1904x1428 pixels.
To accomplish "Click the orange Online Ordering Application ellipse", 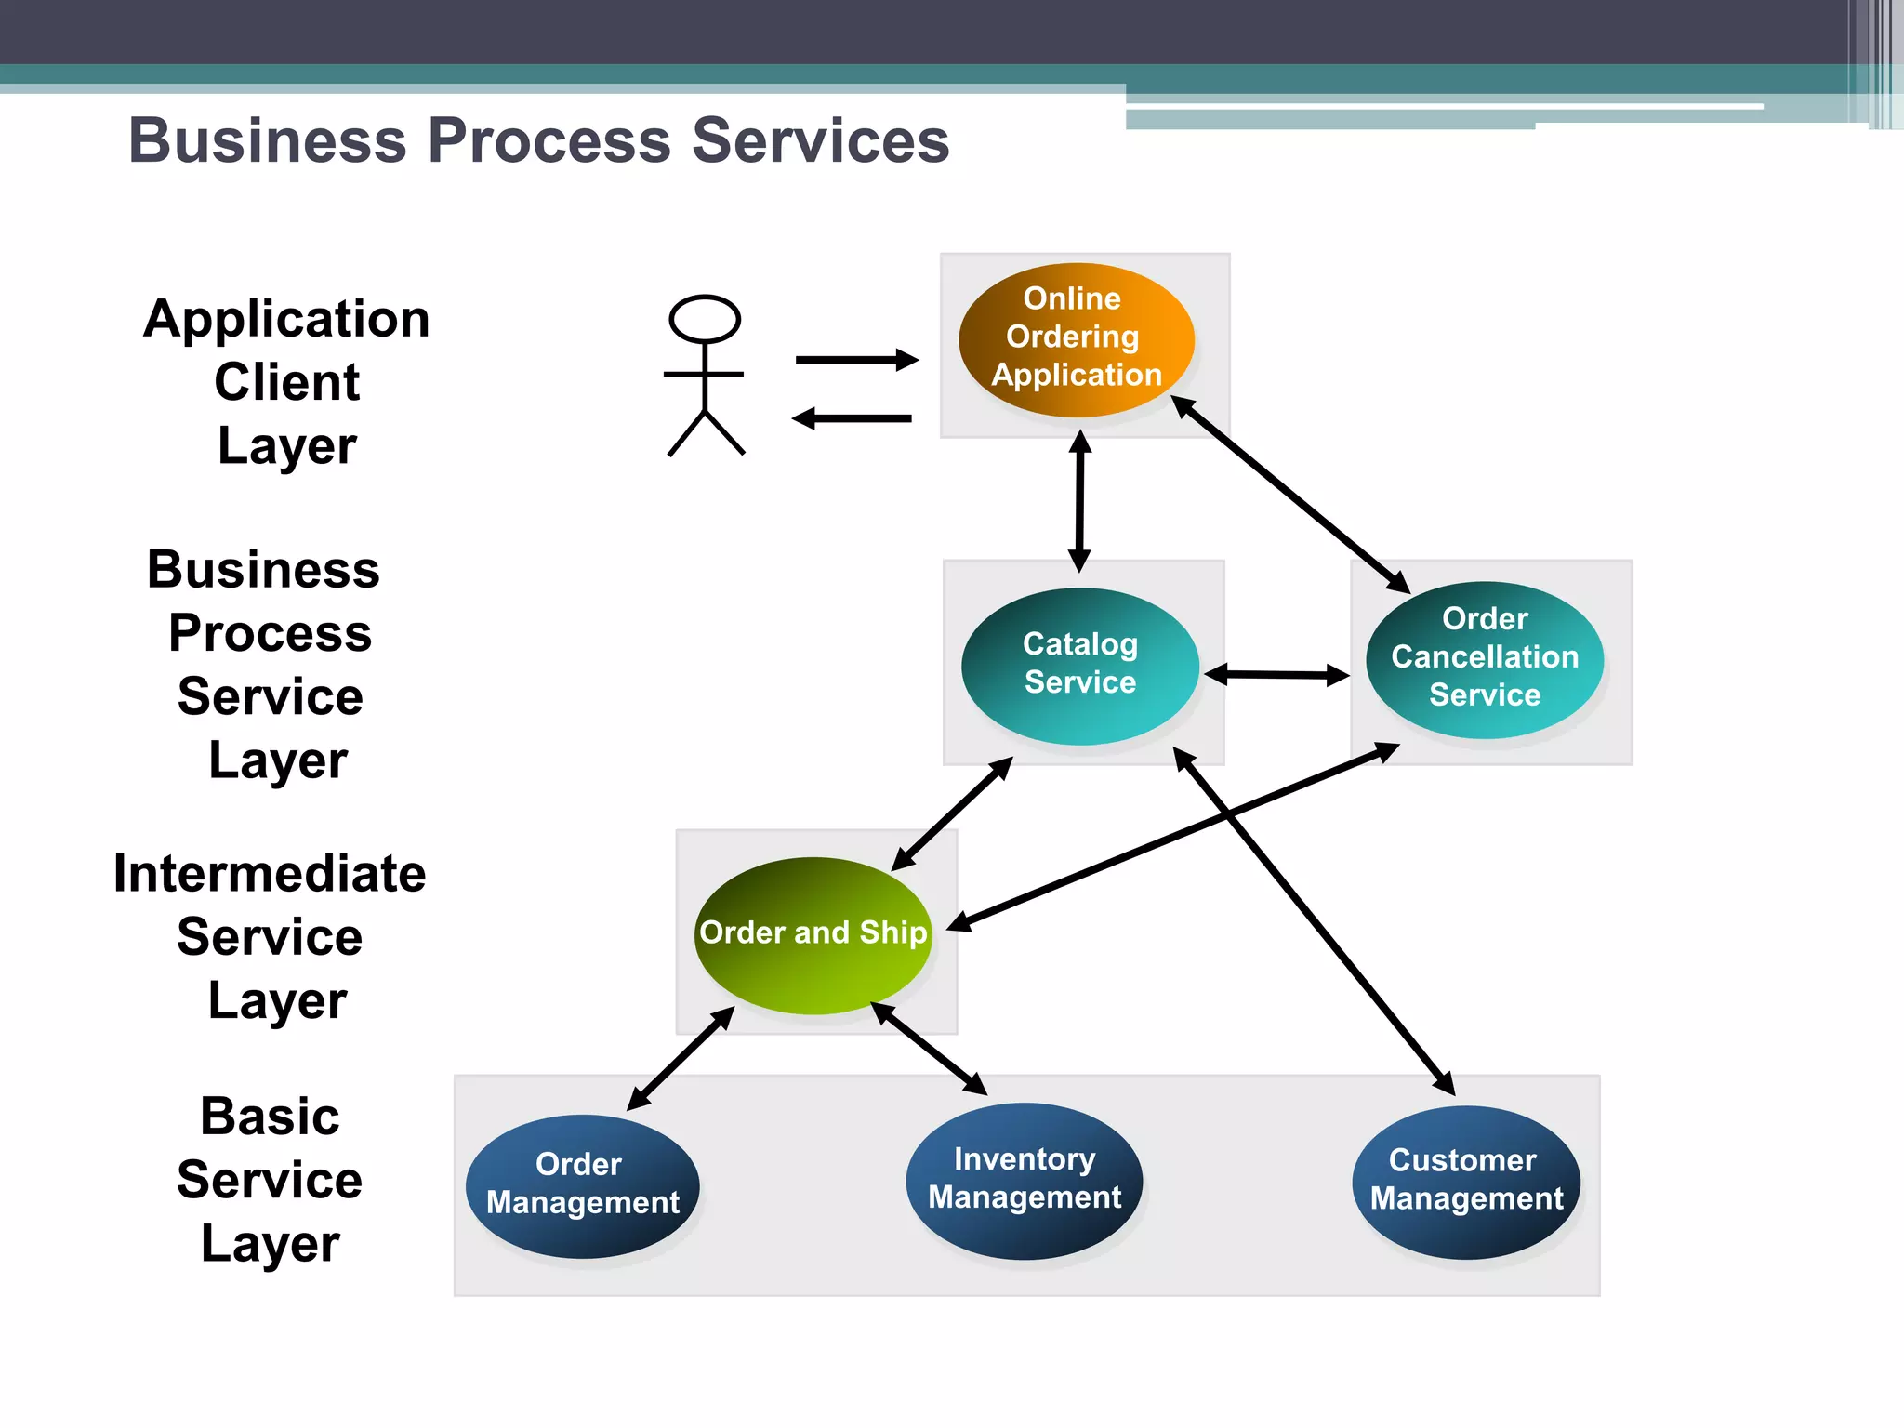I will [x=1076, y=339].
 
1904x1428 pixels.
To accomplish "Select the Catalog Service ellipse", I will [x=1079, y=666].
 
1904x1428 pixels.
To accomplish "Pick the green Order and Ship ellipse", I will [x=813, y=934].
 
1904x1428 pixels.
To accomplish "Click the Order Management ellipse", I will [x=582, y=1185].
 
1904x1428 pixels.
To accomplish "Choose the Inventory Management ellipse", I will [x=1024, y=1181].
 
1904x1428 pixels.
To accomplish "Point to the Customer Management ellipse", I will [x=1466, y=1182].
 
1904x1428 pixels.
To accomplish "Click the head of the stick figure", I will [x=705, y=319].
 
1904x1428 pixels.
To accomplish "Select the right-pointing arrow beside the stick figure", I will [x=856, y=360].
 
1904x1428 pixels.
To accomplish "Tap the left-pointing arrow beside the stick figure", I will [x=852, y=418].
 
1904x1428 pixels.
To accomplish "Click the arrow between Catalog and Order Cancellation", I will [x=1276, y=675].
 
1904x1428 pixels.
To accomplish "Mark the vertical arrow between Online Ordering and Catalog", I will [x=1079, y=502].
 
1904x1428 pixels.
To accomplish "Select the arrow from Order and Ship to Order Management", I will [x=680, y=1059].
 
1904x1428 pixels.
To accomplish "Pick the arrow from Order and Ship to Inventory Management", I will [x=929, y=1049].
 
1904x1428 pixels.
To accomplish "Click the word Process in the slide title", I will [x=549, y=141].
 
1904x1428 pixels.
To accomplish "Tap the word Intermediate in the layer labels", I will [x=270, y=874].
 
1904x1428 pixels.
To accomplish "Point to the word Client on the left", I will [x=286, y=382].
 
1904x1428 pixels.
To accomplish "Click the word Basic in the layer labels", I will [x=270, y=1116].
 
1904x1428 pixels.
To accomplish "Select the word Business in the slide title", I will [x=268, y=141].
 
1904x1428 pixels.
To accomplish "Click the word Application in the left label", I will [x=286, y=319].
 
